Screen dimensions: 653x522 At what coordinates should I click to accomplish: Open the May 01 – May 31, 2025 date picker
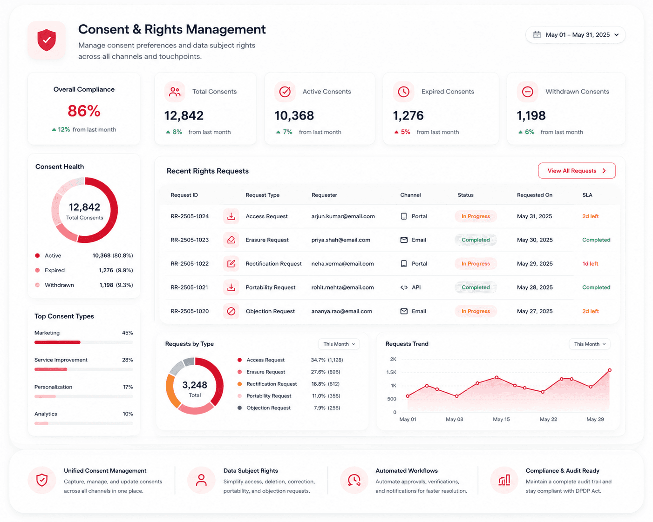point(575,35)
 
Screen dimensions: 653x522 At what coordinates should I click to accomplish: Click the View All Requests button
point(577,171)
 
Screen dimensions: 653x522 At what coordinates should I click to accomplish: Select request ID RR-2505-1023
point(190,240)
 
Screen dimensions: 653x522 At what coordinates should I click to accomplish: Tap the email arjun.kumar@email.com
point(343,216)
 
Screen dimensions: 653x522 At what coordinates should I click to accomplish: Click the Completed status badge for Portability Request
point(476,288)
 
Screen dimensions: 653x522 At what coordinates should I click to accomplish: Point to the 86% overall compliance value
point(84,111)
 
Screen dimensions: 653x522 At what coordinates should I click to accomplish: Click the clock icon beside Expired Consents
point(403,92)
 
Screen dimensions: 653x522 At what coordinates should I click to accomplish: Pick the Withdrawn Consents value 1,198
point(531,115)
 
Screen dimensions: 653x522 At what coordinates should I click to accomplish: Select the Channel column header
point(410,195)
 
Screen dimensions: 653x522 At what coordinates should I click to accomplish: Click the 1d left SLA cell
point(590,264)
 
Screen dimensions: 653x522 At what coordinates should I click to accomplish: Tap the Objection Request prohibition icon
point(231,311)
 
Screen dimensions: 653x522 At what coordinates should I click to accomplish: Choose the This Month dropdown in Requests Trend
point(589,344)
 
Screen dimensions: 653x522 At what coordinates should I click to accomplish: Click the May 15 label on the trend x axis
point(501,419)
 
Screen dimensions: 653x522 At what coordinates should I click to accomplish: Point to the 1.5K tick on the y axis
point(391,372)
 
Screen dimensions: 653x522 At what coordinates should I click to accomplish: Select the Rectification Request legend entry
point(267,384)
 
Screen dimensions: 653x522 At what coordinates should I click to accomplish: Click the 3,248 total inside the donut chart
point(195,385)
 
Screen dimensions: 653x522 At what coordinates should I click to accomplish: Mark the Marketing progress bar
point(83,342)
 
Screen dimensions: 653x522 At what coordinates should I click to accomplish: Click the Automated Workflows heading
point(406,470)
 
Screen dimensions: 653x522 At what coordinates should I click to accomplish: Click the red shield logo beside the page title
point(47,40)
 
